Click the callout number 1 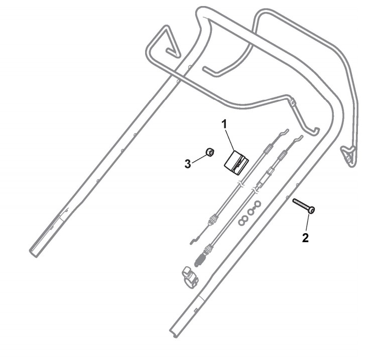click(x=225, y=122)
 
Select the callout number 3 click(x=187, y=163)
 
